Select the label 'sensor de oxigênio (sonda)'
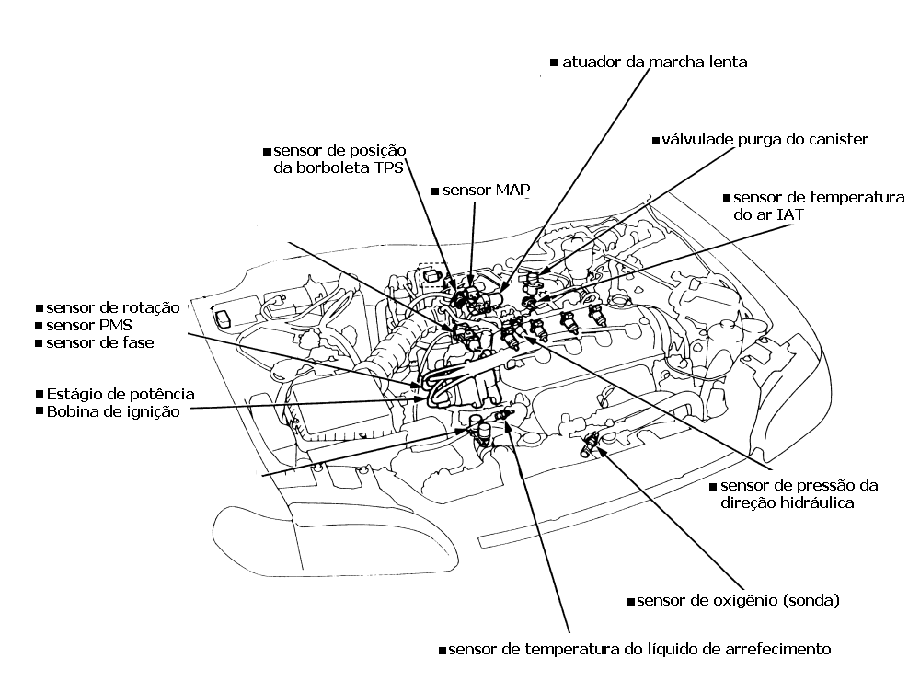point(738,601)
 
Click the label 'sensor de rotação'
point(112,306)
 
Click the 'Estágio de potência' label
point(120,393)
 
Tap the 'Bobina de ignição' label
point(112,411)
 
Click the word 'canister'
point(834,139)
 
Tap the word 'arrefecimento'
point(771,649)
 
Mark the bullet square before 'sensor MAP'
point(436,191)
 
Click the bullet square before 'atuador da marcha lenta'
point(554,64)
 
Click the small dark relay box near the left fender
point(223,318)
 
